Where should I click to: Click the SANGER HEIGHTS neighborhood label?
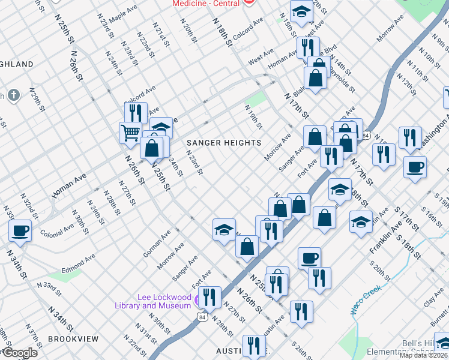point(223,143)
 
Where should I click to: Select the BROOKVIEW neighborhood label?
point(73,339)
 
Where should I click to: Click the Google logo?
point(20,353)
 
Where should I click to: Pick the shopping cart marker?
point(130,133)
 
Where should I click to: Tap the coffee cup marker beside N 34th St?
point(20,231)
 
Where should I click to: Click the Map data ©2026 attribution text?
point(423,355)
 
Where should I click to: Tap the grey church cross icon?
point(14,95)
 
